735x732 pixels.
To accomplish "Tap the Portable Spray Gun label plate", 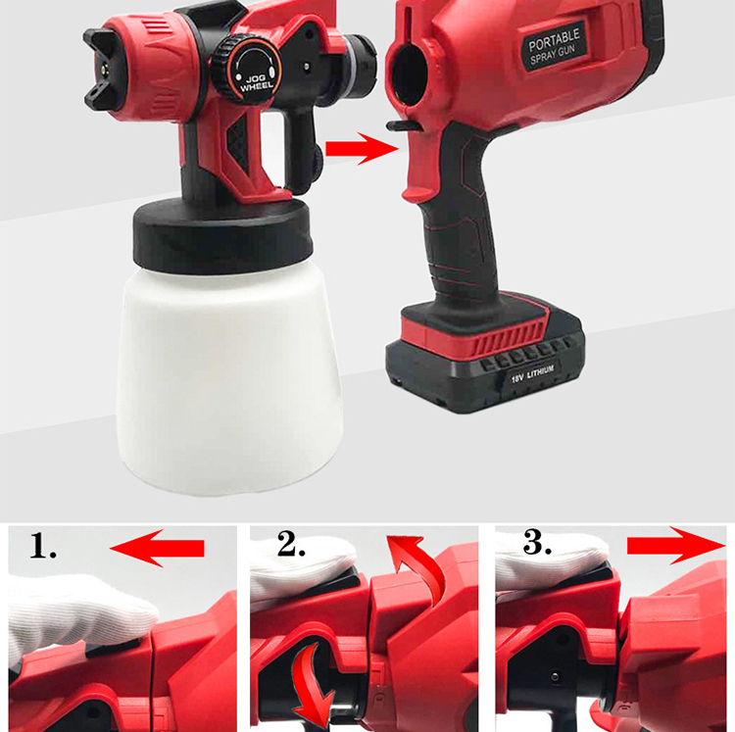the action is (x=554, y=47).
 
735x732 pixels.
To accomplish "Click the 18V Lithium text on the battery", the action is (x=532, y=373).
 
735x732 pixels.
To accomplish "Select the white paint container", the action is (x=229, y=379).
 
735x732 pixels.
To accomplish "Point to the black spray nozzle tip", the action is (x=105, y=69).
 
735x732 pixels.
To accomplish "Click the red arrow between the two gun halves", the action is (x=362, y=149).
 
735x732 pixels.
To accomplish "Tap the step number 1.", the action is (x=42, y=547).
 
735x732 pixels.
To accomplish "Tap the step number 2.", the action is (x=291, y=544).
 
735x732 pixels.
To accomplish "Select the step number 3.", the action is (x=537, y=543).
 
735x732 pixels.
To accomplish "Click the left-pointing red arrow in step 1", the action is (x=157, y=548).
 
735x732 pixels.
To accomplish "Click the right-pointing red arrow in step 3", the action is (x=676, y=546).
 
